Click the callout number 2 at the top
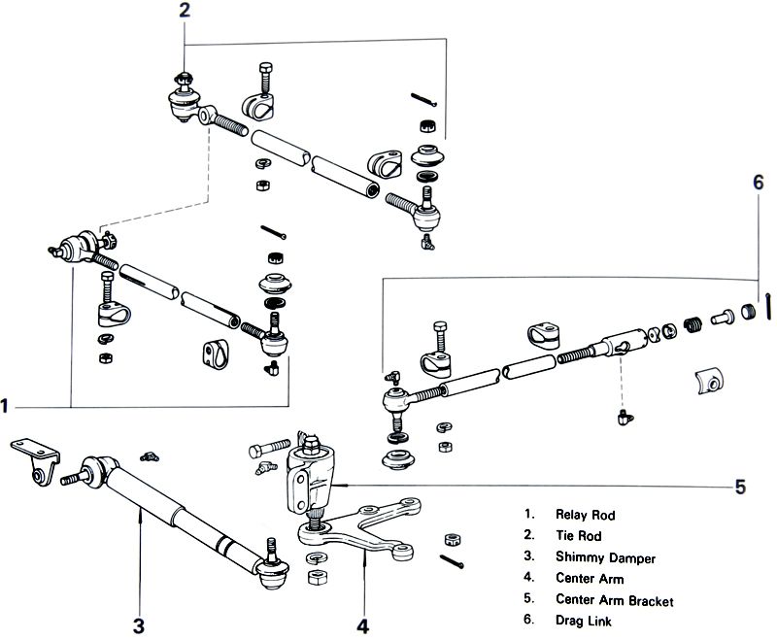point(186,12)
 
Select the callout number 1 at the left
point(8,403)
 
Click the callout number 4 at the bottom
point(362,626)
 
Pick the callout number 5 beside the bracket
point(740,487)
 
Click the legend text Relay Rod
point(586,515)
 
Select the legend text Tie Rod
point(578,536)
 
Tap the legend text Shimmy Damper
point(605,558)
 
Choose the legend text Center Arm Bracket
point(615,601)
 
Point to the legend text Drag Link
point(583,622)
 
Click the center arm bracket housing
point(310,482)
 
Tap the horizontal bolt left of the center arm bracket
point(268,451)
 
